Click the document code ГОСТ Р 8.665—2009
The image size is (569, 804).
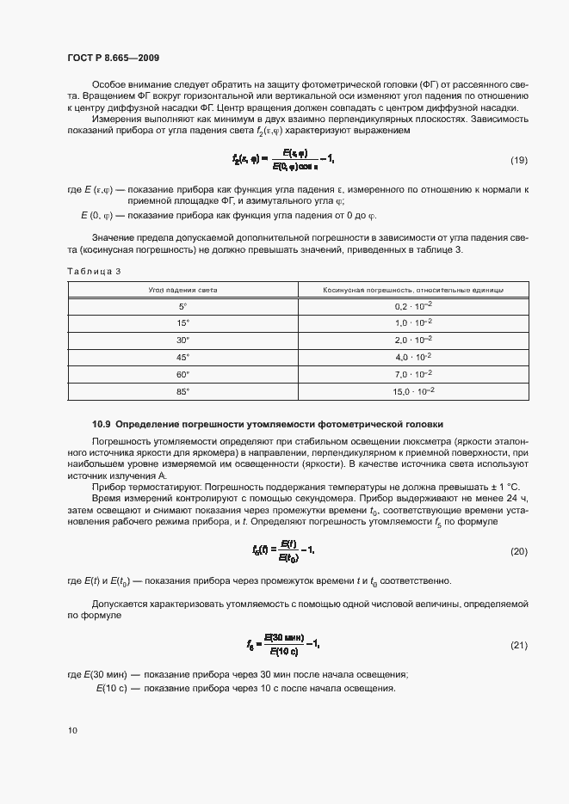113,58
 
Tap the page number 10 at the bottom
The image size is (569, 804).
72,730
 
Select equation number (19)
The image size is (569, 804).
519,161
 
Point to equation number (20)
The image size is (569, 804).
519,550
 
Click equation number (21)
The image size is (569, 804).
519,644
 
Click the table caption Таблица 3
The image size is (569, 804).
94,272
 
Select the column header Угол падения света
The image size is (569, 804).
182,291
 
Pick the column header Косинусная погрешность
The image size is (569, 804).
413,291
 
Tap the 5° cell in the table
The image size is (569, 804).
182,306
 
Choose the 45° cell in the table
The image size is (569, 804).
182,356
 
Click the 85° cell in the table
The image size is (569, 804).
182,390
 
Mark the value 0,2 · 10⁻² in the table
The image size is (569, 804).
413,306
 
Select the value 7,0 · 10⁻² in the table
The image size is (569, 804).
413,373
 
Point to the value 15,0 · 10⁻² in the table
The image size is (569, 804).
413,390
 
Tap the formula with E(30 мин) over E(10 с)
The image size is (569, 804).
283,644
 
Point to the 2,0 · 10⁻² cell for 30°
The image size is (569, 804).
413,340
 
